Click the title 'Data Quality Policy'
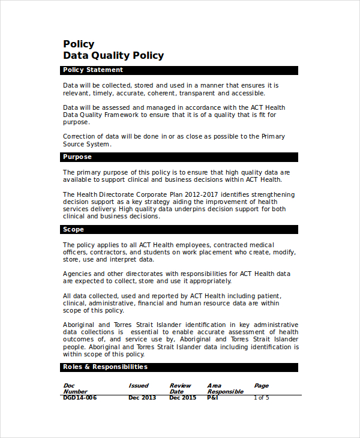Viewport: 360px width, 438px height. tap(113, 56)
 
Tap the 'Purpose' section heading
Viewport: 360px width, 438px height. tap(77, 157)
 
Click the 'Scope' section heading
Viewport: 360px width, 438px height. tap(73, 230)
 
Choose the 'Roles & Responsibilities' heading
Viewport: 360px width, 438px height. tap(105, 367)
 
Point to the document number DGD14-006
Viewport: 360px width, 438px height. tap(80, 398)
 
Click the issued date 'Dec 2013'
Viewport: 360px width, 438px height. tap(142, 398)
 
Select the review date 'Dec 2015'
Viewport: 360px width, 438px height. tap(182, 398)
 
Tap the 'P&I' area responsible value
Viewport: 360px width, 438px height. tap(212, 398)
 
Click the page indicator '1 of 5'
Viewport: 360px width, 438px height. tap(262, 398)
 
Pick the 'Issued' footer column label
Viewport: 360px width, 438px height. tap(139, 386)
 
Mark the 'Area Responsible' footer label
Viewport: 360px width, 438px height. tap(225, 389)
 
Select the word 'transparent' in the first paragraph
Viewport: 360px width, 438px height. tap(197, 93)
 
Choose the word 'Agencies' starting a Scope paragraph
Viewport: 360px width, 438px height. tap(77, 274)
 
